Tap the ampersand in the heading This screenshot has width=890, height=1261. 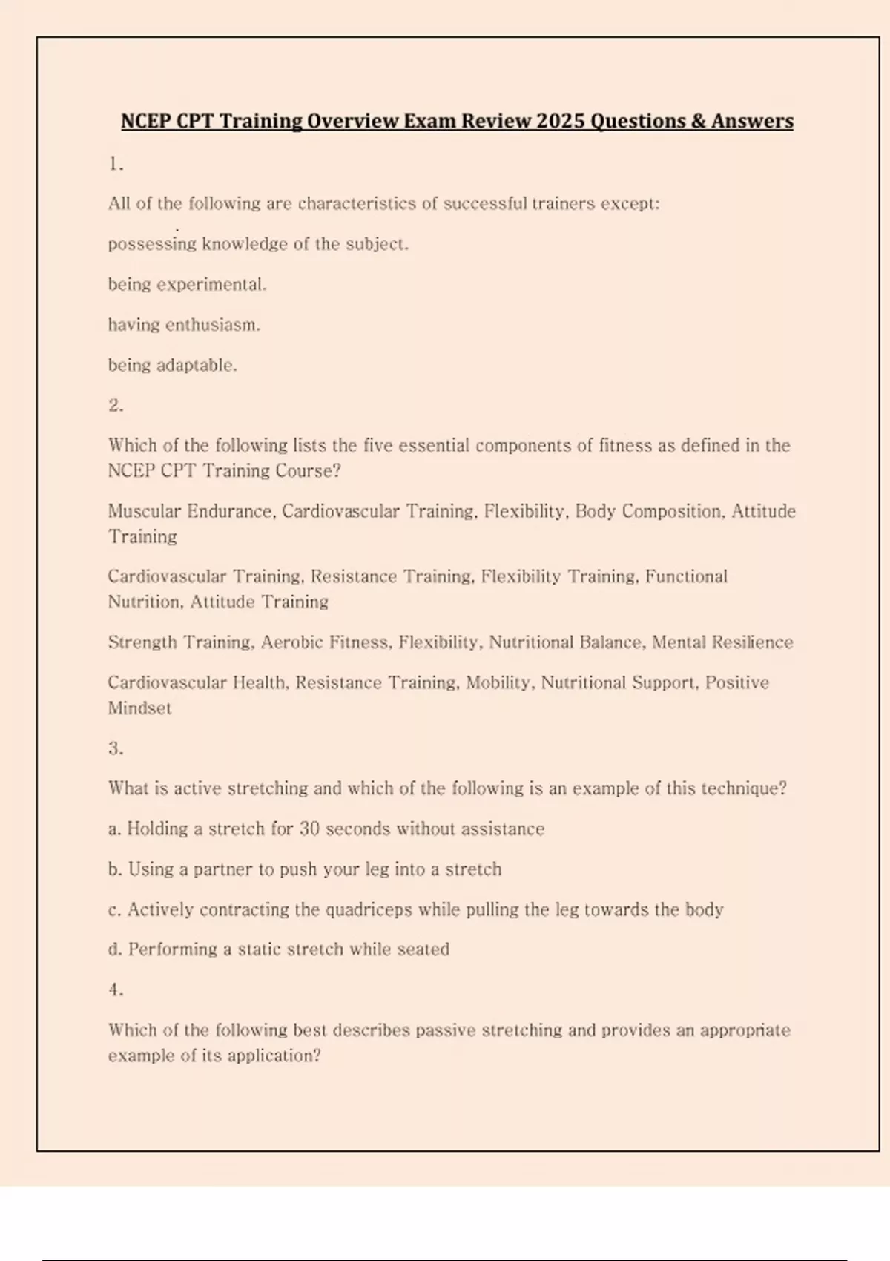(697, 121)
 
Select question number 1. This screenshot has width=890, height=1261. (116, 164)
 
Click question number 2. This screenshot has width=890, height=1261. (116, 405)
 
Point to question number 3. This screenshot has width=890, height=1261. (116, 748)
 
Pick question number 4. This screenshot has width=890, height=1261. (116, 990)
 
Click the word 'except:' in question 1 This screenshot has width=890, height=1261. (630, 203)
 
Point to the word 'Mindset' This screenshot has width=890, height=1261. (139, 708)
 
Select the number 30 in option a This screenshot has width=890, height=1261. (309, 829)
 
